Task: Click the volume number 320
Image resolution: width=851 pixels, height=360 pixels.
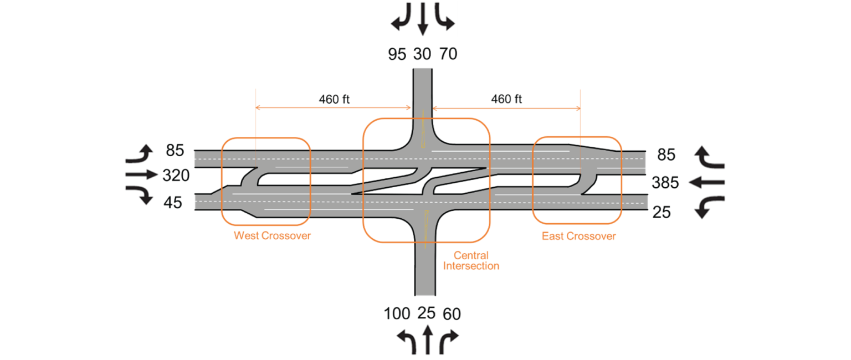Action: tap(176, 176)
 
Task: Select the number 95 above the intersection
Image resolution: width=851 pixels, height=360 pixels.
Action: tap(397, 54)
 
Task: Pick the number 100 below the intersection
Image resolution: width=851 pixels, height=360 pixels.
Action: tap(397, 314)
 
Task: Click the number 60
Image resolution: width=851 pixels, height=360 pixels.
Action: tap(452, 315)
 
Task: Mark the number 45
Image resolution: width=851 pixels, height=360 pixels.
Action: tap(173, 203)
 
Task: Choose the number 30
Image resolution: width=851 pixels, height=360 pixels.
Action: tap(422, 54)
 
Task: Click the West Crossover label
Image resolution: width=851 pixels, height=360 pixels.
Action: tap(272, 236)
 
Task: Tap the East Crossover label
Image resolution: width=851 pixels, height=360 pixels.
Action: tap(578, 236)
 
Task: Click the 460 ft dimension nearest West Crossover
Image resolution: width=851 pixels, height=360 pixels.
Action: tap(334, 100)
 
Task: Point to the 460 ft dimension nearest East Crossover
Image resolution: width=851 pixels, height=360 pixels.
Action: tap(506, 100)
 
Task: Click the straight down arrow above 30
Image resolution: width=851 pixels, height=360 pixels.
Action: tap(423, 20)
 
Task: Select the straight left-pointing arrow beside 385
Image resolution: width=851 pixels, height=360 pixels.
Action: tap(709, 182)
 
